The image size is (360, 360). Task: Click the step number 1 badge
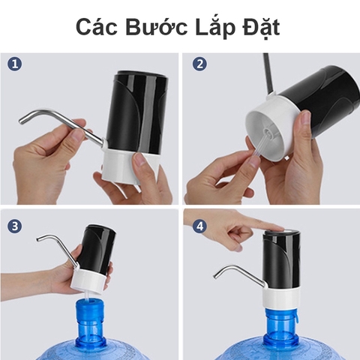coord(15,64)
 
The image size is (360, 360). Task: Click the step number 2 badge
coord(199,64)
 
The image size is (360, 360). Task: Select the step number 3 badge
coord(15,226)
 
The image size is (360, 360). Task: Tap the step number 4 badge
coord(199,226)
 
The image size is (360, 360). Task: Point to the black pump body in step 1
coord(135,109)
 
